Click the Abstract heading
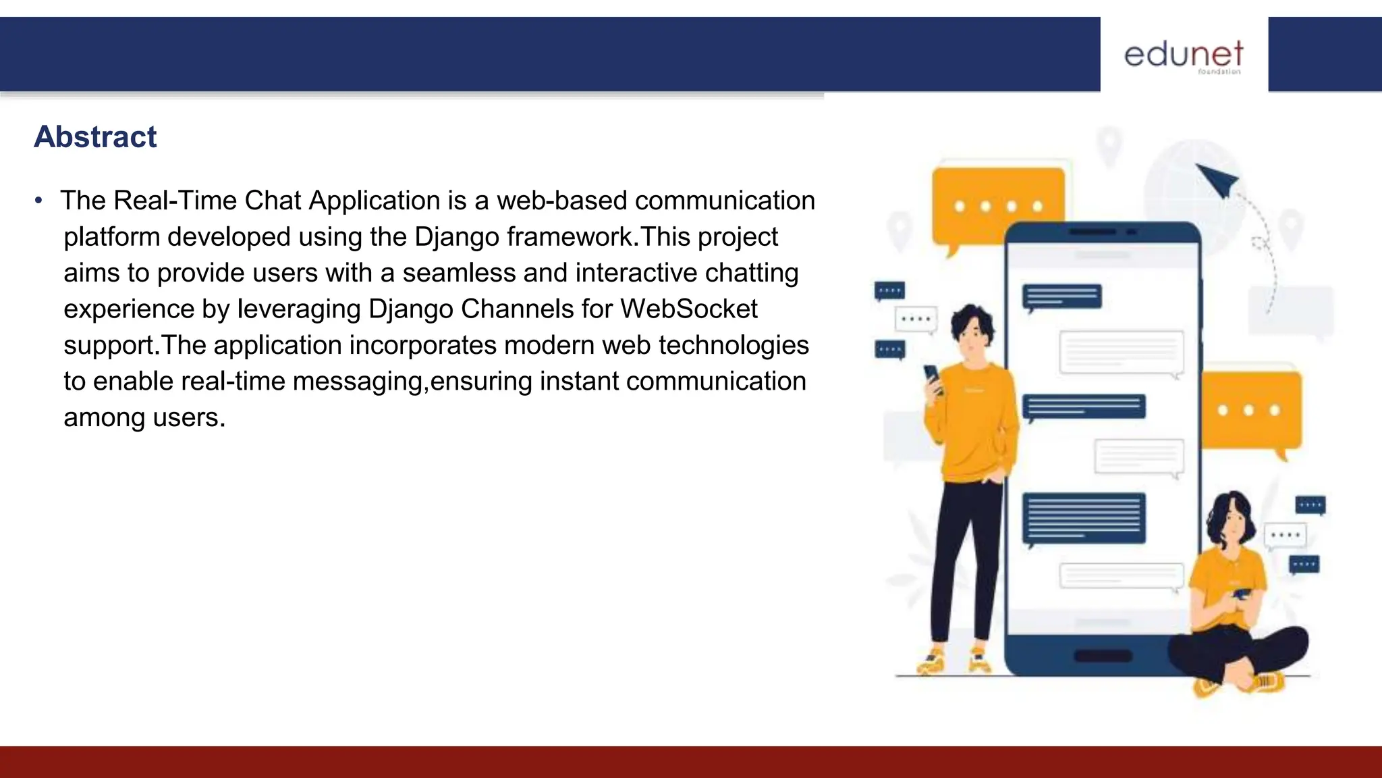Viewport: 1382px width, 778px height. click(x=95, y=137)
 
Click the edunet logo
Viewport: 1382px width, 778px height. click(x=1184, y=55)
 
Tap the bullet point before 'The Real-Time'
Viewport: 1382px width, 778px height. click(x=39, y=201)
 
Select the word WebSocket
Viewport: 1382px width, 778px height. click(x=689, y=309)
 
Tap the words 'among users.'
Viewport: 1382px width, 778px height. click(x=144, y=417)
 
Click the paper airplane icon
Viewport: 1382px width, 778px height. click(x=1218, y=179)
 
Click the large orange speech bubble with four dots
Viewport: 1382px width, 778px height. click(x=997, y=205)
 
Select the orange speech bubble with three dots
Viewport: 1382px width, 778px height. click(x=1250, y=409)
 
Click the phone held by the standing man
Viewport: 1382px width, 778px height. click(x=933, y=378)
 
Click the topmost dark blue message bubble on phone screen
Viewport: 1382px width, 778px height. click(x=1062, y=296)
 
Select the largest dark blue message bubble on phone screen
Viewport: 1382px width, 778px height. click(x=1084, y=518)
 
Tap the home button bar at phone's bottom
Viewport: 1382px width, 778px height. click(x=1103, y=655)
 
